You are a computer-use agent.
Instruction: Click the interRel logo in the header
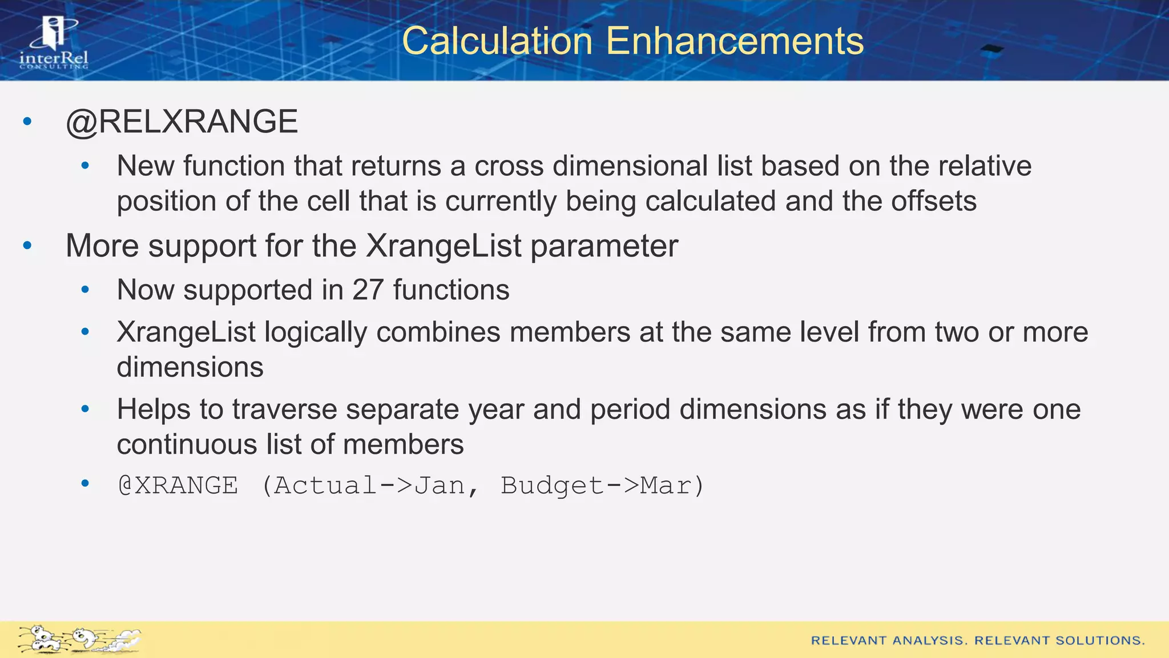point(54,43)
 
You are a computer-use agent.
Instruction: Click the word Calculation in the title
point(497,41)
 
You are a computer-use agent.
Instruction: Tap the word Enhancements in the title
point(735,41)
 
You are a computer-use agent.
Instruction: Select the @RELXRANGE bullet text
point(182,122)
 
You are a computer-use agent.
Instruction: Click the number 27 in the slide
point(368,290)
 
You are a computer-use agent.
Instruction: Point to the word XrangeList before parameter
point(444,246)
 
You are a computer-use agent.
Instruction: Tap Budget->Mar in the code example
point(596,486)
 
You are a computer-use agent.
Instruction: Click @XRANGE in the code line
point(178,486)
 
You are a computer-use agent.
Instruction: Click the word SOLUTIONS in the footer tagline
point(1100,640)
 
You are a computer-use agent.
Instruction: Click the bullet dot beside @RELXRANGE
point(27,122)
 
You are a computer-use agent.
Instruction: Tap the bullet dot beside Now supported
point(85,290)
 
